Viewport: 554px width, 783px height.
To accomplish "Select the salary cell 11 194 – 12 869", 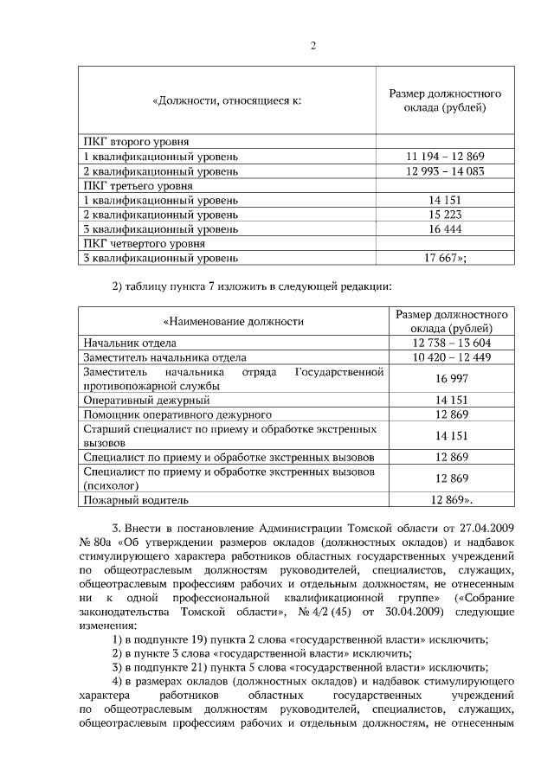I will (445, 157).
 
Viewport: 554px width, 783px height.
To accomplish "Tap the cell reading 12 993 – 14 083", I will (445, 171).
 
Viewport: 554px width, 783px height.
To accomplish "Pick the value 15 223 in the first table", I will (445, 215).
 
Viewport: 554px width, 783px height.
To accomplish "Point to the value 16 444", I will (445, 229).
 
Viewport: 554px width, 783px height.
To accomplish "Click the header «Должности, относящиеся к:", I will (226, 101).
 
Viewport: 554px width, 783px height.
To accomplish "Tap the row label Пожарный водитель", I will (135, 500).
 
